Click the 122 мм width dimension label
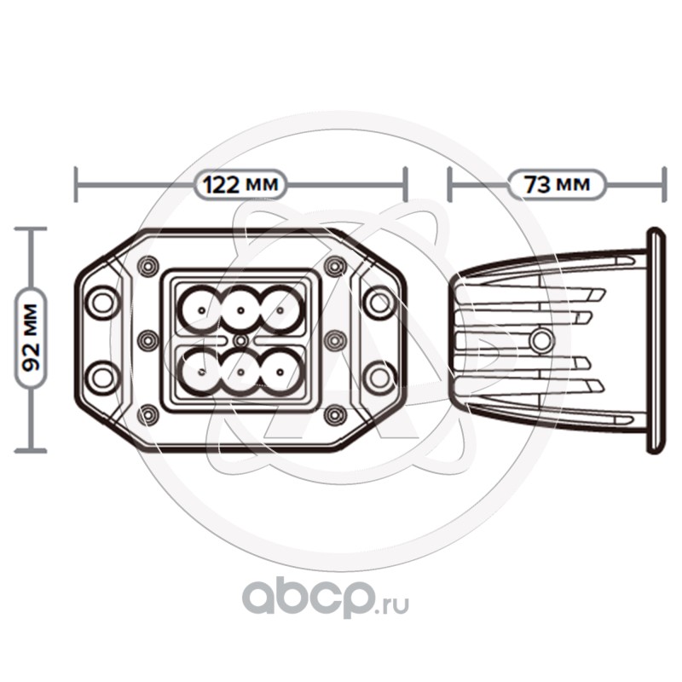[x=240, y=184]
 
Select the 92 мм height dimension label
[x=32, y=339]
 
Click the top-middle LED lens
[x=241, y=308]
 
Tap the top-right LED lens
[x=283, y=307]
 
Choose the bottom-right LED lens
[x=283, y=372]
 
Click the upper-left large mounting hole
[x=102, y=302]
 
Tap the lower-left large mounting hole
[x=102, y=377]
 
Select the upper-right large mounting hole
[x=379, y=302]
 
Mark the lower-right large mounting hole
[x=379, y=377]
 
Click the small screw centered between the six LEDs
[x=241, y=340]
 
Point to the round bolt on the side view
[x=540, y=341]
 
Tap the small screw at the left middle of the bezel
[x=148, y=340]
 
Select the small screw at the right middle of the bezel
[x=334, y=340]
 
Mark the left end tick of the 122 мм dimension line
[x=77, y=184]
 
